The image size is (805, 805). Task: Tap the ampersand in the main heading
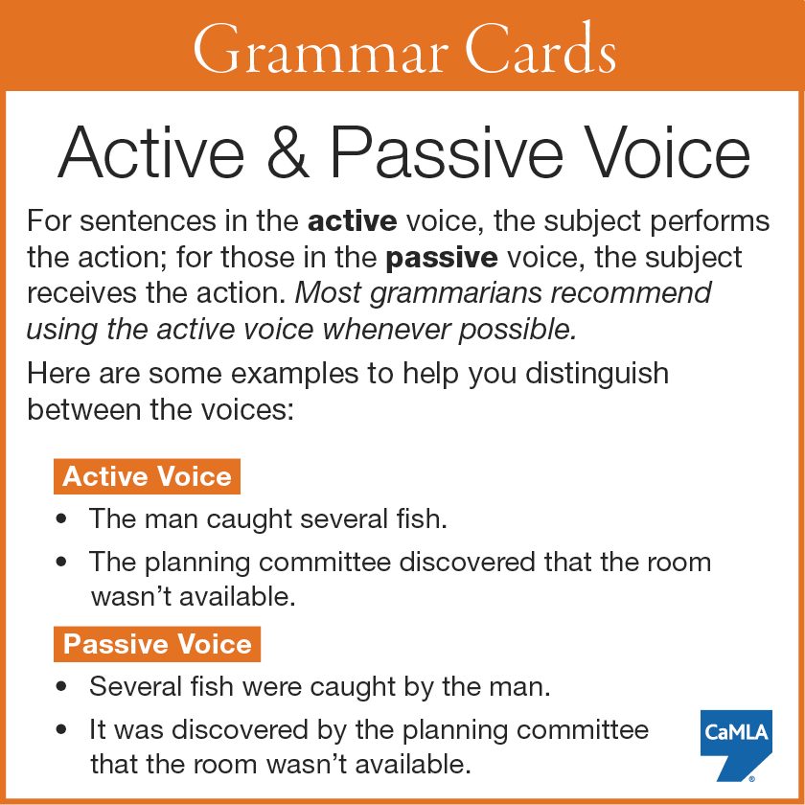click(288, 153)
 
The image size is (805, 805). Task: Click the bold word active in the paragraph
click(353, 221)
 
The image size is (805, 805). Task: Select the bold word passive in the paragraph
click(442, 258)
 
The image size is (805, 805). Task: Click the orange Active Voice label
click(147, 476)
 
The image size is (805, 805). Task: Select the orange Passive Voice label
click(157, 644)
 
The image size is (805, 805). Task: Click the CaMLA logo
click(736, 745)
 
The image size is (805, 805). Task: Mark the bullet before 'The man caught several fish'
click(61, 519)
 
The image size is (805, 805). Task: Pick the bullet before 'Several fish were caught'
click(61, 686)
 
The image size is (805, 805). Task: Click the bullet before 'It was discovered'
click(61, 729)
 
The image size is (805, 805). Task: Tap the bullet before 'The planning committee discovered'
click(61, 562)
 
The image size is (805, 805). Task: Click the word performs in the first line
click(709, 222)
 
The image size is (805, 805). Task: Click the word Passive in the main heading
click(447, 153)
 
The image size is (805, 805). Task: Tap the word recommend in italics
click(631, 293)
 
